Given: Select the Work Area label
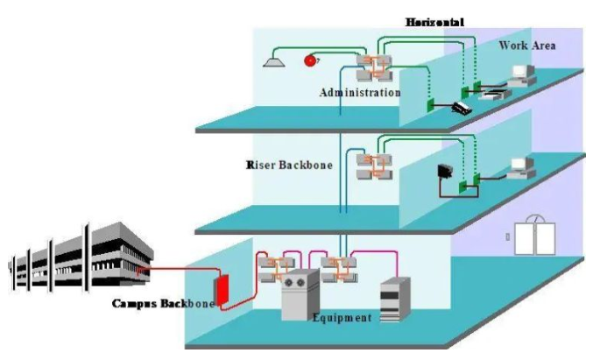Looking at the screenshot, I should pyautogui.click(x=526, y=45).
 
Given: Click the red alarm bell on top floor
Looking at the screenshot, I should pyautogui.click(x=309, y=60).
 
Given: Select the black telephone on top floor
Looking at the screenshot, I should pyautogui.click(x=461, y=107).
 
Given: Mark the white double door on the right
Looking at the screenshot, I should pyautogui.click(x=535, y=234).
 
